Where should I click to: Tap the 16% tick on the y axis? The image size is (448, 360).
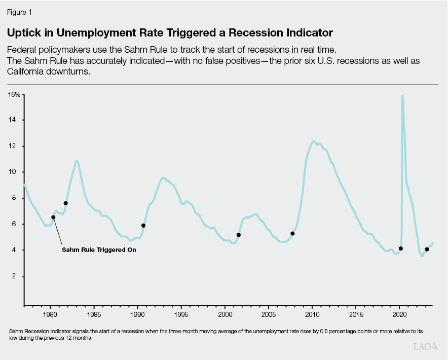14,95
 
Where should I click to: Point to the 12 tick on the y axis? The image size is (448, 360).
16,146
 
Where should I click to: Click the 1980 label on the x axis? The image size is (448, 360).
50,315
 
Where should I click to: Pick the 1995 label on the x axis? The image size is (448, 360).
181,315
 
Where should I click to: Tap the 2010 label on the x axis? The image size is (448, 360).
312,315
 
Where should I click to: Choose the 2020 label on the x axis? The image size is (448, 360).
399,315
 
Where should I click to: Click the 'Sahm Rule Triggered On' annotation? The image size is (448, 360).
99,250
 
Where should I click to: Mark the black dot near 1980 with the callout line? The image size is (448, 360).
53,218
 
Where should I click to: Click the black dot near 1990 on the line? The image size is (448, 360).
143,225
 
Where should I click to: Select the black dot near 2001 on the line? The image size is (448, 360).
239,235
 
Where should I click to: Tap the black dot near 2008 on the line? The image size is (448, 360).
292,234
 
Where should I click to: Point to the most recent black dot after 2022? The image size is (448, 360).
427,249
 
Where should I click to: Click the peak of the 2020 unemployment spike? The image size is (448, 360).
402,96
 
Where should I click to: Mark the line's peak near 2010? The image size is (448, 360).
314,142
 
